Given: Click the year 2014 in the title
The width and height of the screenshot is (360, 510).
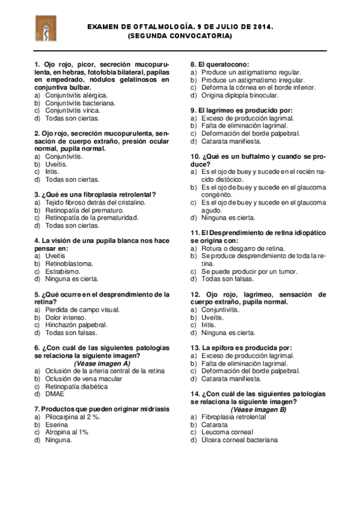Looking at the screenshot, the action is click(x=262, y=28).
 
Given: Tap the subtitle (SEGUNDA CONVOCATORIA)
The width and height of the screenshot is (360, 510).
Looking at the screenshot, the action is click(x=180, y=36).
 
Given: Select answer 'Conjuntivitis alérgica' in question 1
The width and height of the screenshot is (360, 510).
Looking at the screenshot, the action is click(x=76, y=95).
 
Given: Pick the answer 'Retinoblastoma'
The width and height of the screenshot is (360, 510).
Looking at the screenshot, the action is click(x=69, y=263).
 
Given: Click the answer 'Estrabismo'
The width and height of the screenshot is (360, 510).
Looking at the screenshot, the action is click(x=63, y=271).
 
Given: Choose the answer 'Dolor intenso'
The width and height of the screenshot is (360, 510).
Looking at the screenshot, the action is click(x=66, y=317).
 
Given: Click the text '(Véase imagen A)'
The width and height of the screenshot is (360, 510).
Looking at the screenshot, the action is click(x=102, y=363).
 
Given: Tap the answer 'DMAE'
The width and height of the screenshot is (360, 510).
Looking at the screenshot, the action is click(x=55, y=394).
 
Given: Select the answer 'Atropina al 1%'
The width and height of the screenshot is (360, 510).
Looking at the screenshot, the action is click(x=67, y=432).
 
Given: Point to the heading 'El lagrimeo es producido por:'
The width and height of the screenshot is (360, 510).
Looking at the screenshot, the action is click(x=242, y=111).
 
